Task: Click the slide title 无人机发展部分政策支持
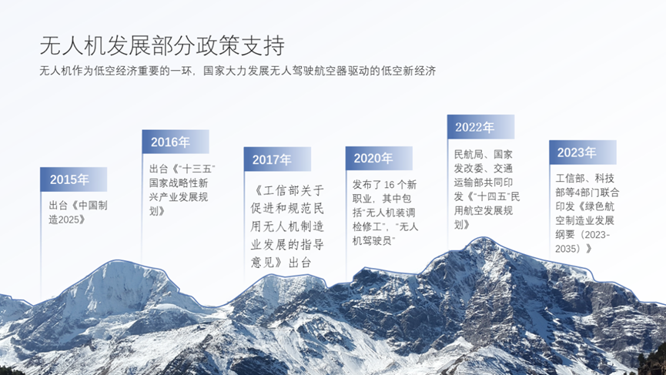tap(166, 45)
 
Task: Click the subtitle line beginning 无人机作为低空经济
tap(238, 72)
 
